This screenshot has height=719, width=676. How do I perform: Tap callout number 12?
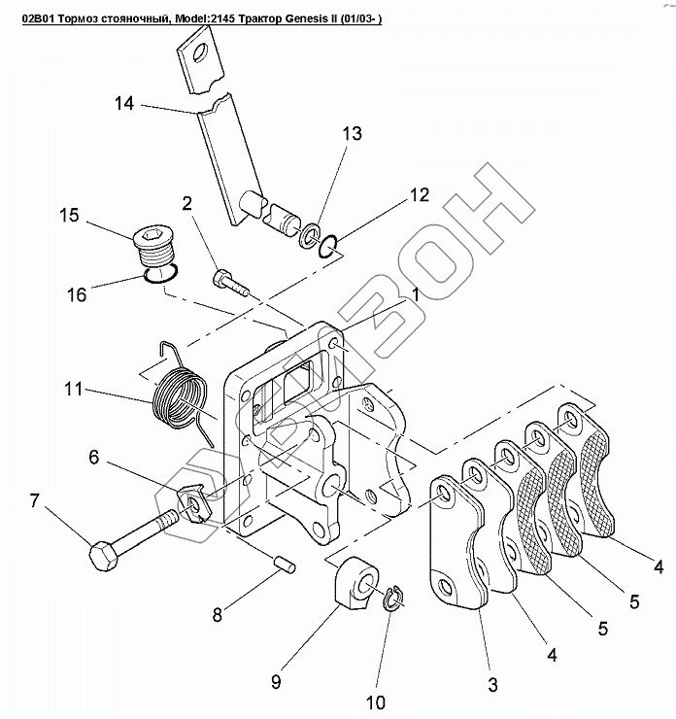418,195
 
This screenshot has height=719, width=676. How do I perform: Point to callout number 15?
69,215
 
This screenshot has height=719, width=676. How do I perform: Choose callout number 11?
72,391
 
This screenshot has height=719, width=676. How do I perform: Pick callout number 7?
35,502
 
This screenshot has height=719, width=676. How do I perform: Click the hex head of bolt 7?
103,558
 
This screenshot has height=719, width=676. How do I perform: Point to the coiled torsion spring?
182,394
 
